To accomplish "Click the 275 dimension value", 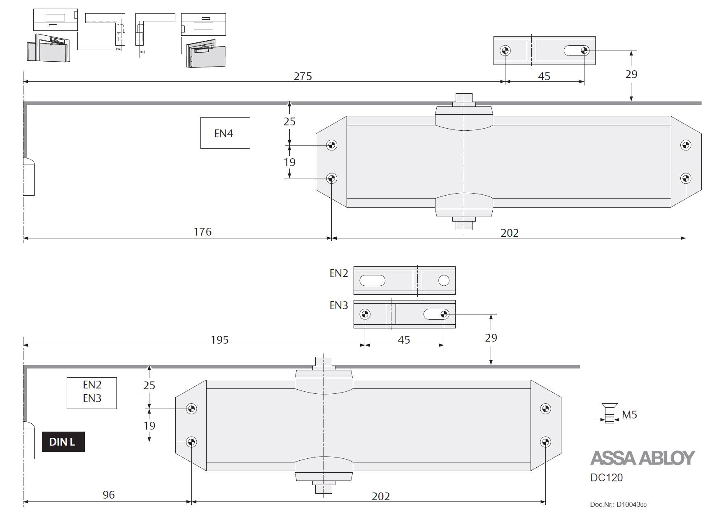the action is pos(303,76).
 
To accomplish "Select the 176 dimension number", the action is pos(203,232).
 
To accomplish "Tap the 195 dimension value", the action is pos(219,340).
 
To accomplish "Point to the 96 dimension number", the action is pos(109,495).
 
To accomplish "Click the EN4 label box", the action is pos(225,133).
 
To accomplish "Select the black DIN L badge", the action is pos(63,442).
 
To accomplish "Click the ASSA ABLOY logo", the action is pos(643,458).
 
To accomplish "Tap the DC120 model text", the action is pos(607,478).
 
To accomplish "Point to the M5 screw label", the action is pos(629,415).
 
